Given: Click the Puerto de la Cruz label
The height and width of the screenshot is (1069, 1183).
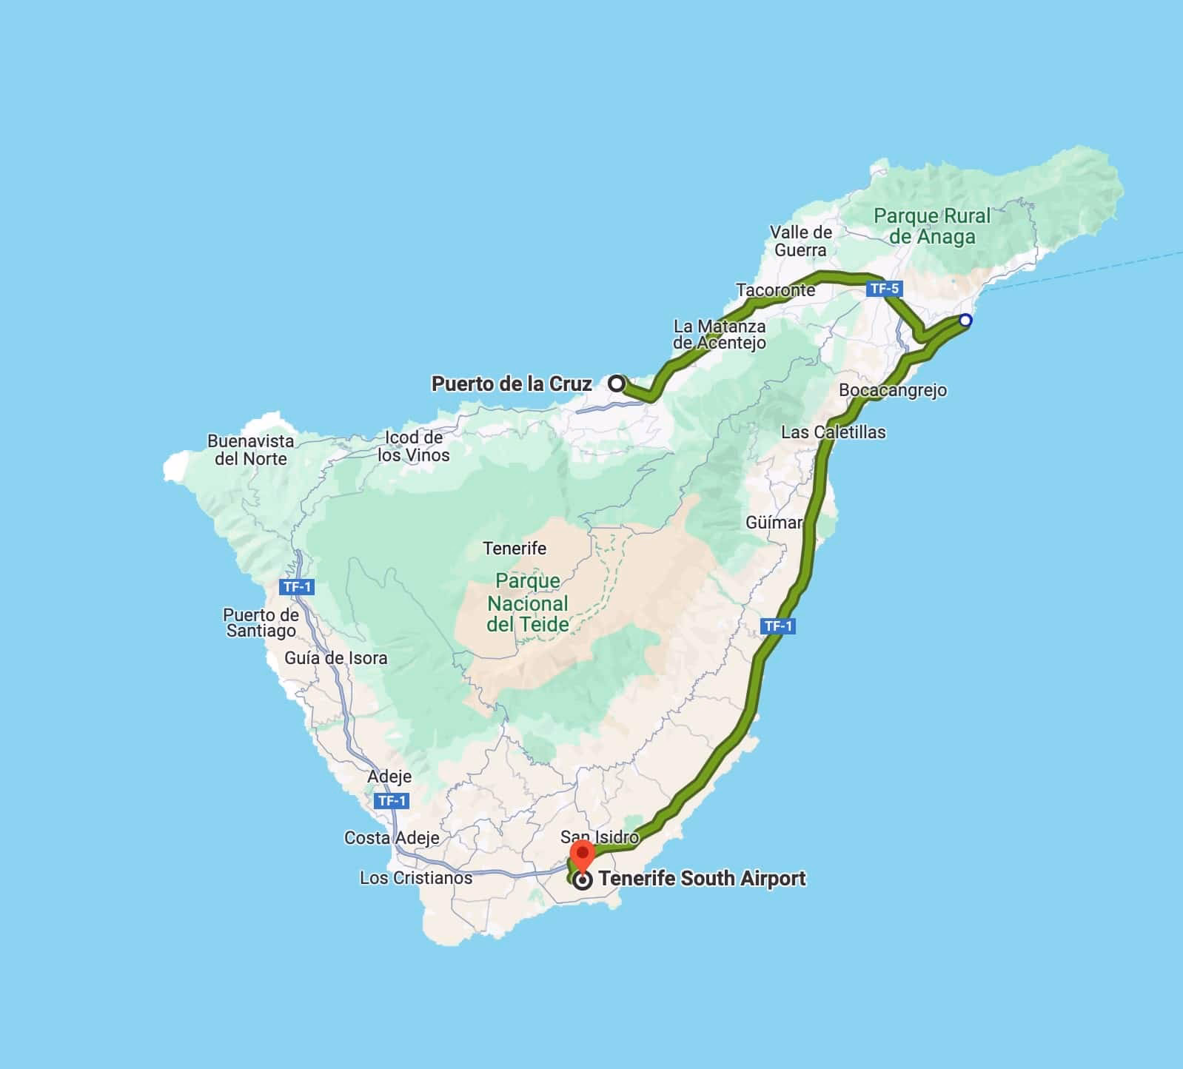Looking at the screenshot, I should click(512, 383).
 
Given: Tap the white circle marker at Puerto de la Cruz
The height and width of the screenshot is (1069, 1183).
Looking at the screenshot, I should click(617, 383).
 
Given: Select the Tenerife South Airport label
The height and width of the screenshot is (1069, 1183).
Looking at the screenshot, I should click(702, 879).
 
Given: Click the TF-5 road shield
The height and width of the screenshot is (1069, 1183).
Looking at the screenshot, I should click(884, 289).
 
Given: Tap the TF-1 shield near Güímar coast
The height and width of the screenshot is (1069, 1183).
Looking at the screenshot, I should click(778, 626).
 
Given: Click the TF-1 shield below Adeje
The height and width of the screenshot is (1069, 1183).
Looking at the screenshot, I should click(392, 801).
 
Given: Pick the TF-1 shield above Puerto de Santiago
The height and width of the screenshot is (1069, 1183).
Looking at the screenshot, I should click(298, 587).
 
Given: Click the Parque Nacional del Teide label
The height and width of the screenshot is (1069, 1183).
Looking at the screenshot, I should click(528, 603).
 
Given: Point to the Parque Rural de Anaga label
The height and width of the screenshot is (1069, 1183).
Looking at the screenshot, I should click(932, 227).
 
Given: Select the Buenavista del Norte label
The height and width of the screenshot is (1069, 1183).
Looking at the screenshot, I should click(250, 449).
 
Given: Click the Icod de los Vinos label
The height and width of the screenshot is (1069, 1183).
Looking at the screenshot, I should click(414, 446).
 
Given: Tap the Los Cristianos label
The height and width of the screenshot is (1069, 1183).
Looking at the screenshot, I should click(416, 878).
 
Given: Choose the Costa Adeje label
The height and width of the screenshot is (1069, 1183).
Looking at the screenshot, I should click(392, 838).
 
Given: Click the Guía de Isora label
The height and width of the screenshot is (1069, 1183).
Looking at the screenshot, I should click(335, 658).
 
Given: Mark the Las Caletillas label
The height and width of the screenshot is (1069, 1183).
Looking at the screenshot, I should click(834, 432).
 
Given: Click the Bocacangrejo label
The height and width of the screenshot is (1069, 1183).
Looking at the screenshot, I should click(893, 390).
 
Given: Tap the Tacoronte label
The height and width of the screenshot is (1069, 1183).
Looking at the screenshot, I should click(776, 290).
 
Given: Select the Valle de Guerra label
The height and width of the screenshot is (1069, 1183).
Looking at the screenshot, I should click(801, 241).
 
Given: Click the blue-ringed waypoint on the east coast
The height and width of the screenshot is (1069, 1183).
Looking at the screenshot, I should click(965, 321).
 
